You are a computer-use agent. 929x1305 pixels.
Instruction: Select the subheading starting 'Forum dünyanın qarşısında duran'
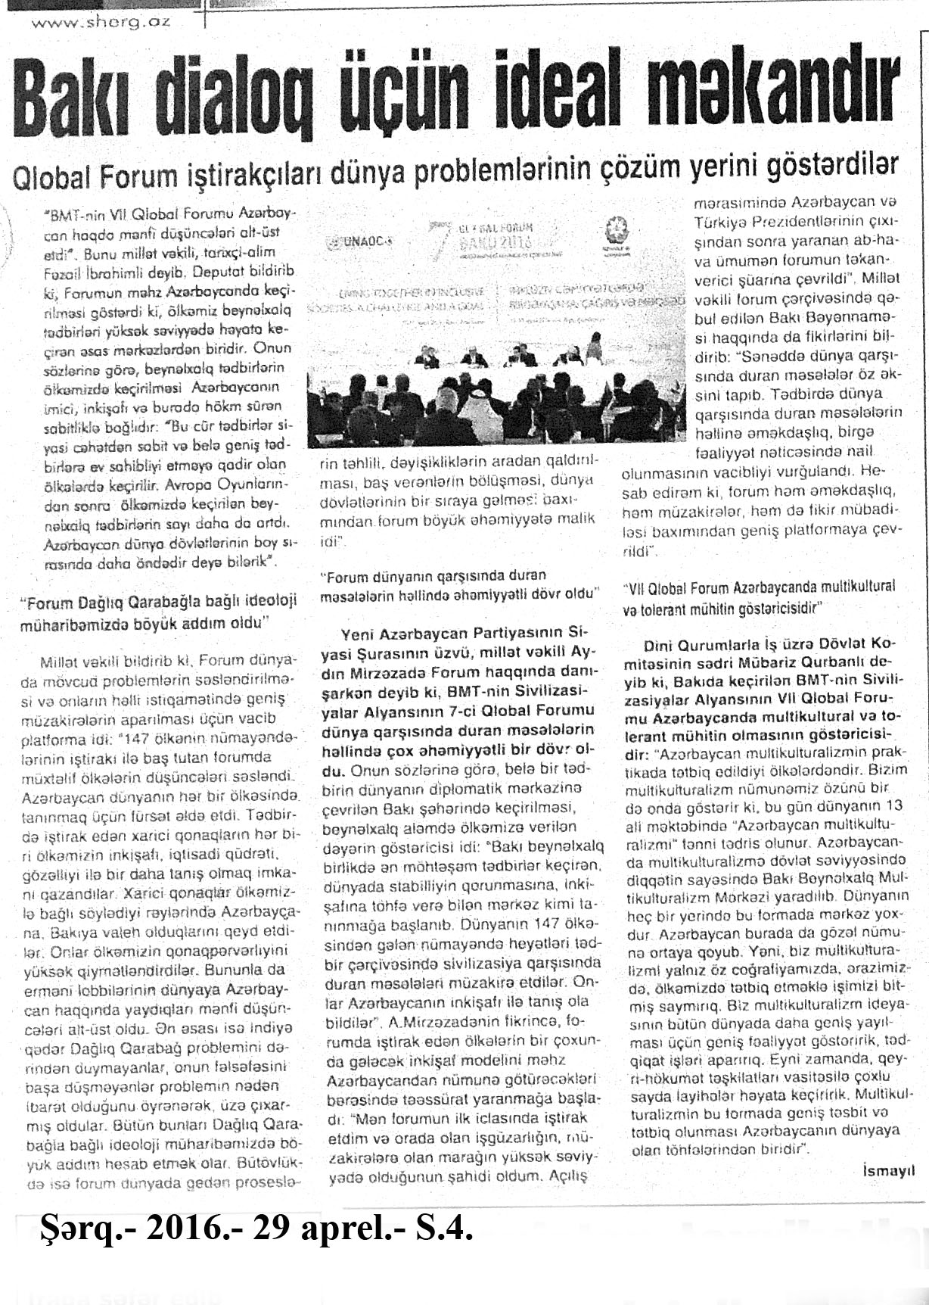[458, 585]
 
